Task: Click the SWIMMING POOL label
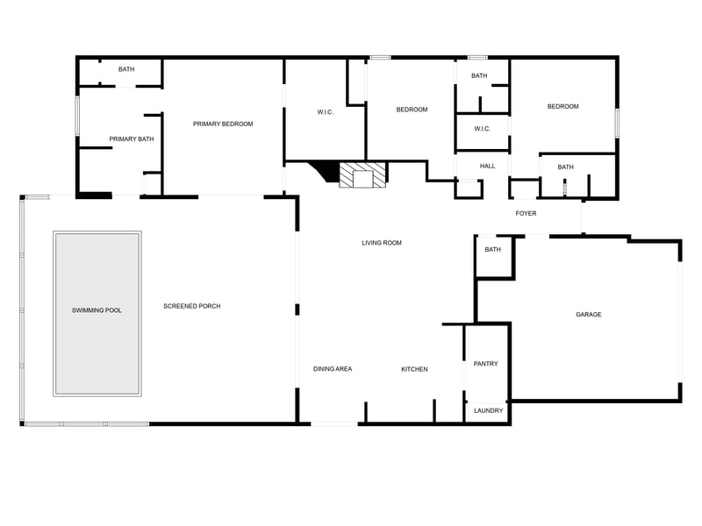[97, 310]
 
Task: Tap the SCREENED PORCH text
[192, 306]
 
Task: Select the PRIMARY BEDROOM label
[223, 124]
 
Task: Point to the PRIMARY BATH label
[132, 139]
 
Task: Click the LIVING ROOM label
[382, 243]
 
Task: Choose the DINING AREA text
[333, 369]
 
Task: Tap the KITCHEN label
[414, 369]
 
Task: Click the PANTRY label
[486, 364]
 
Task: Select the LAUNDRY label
[489, 410]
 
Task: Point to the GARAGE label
[589, 315]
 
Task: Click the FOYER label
[526, 213]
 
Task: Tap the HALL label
[488, 166]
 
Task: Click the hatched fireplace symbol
[362, 174]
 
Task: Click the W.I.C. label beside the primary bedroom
[326, 112]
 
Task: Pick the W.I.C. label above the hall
[482, 129]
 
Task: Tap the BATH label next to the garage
[493, 250]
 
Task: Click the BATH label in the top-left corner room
[126, 69]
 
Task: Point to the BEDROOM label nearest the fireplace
[412, 110]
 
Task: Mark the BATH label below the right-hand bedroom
[565, 167]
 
